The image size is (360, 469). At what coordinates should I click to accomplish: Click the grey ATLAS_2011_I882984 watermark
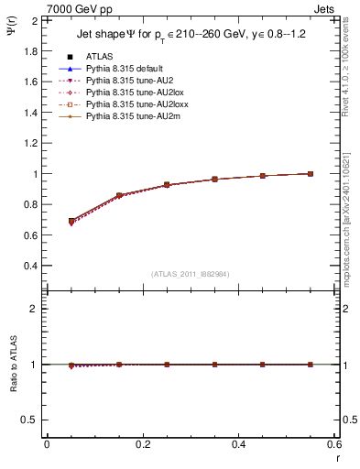(x=191, y=274)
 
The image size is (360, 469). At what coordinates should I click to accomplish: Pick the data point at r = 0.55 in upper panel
(x=310, y=173)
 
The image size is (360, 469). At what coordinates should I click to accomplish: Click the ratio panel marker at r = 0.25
(x=167, y=365)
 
